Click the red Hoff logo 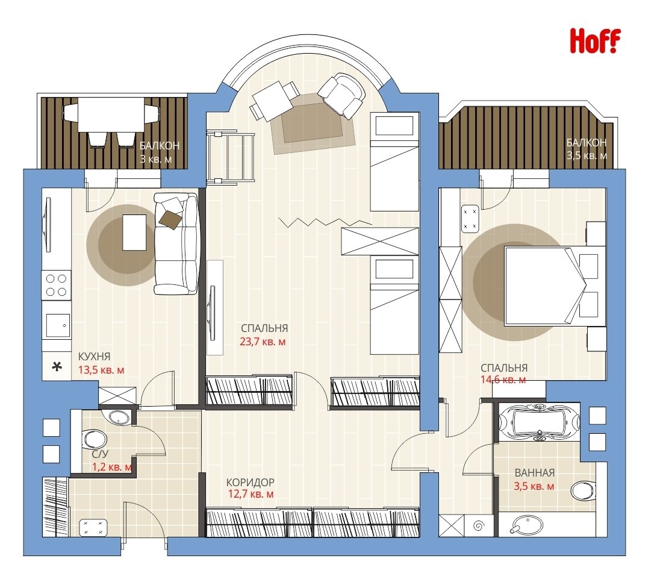click(595, 40)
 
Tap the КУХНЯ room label click(95, 357)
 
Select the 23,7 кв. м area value click(263, 342)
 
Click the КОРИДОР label click(251, 482)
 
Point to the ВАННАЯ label click(535, 473)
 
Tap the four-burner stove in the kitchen click(56, 285)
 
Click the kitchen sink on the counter click(58, 325)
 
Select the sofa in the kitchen click(176, 243)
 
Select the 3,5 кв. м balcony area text click(587, 155)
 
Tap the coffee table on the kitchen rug click(134, 232)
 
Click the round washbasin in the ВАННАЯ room click(526, 525)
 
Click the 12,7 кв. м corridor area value click(251, 494)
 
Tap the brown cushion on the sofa click(171, 219)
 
